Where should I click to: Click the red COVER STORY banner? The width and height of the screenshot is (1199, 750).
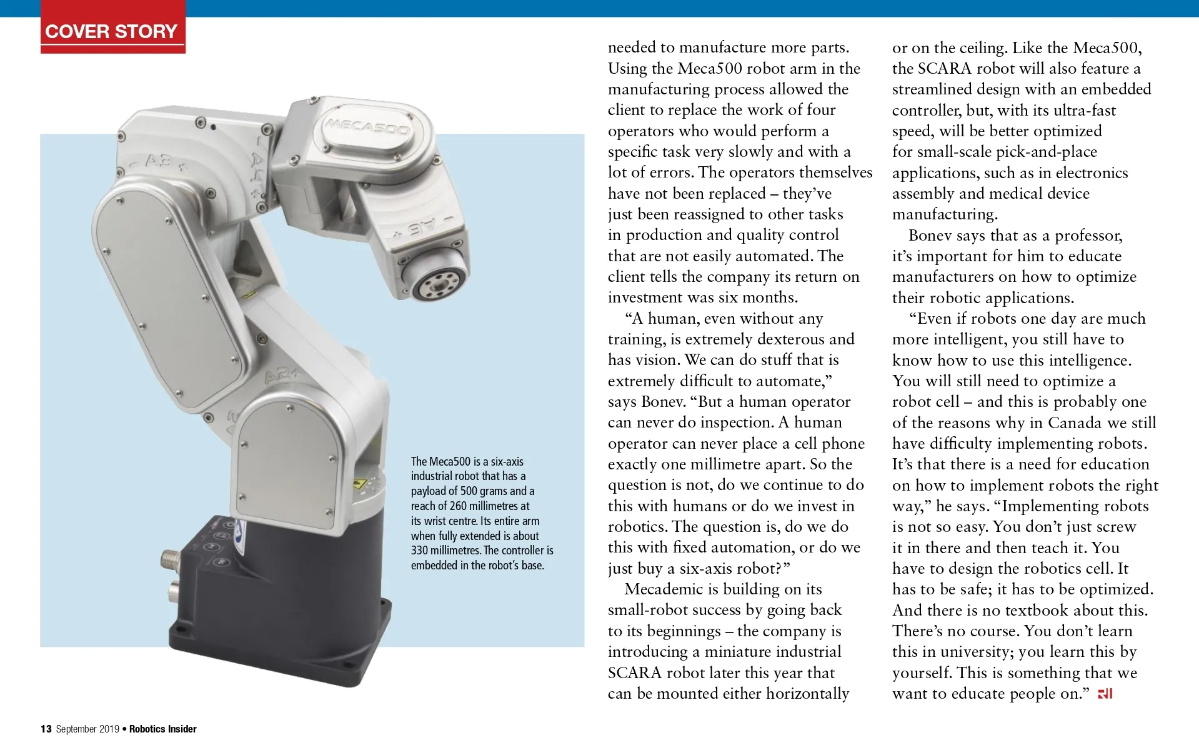click(112, 31)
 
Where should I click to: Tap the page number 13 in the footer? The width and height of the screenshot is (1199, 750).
click(46, 729)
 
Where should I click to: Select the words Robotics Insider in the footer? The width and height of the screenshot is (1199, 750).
click(163, 729)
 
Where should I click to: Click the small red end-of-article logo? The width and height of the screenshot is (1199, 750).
click(1105, 694)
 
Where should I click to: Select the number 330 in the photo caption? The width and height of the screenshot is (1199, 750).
click(420, 551)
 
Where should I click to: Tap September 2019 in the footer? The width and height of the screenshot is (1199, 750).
click(87, 729)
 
